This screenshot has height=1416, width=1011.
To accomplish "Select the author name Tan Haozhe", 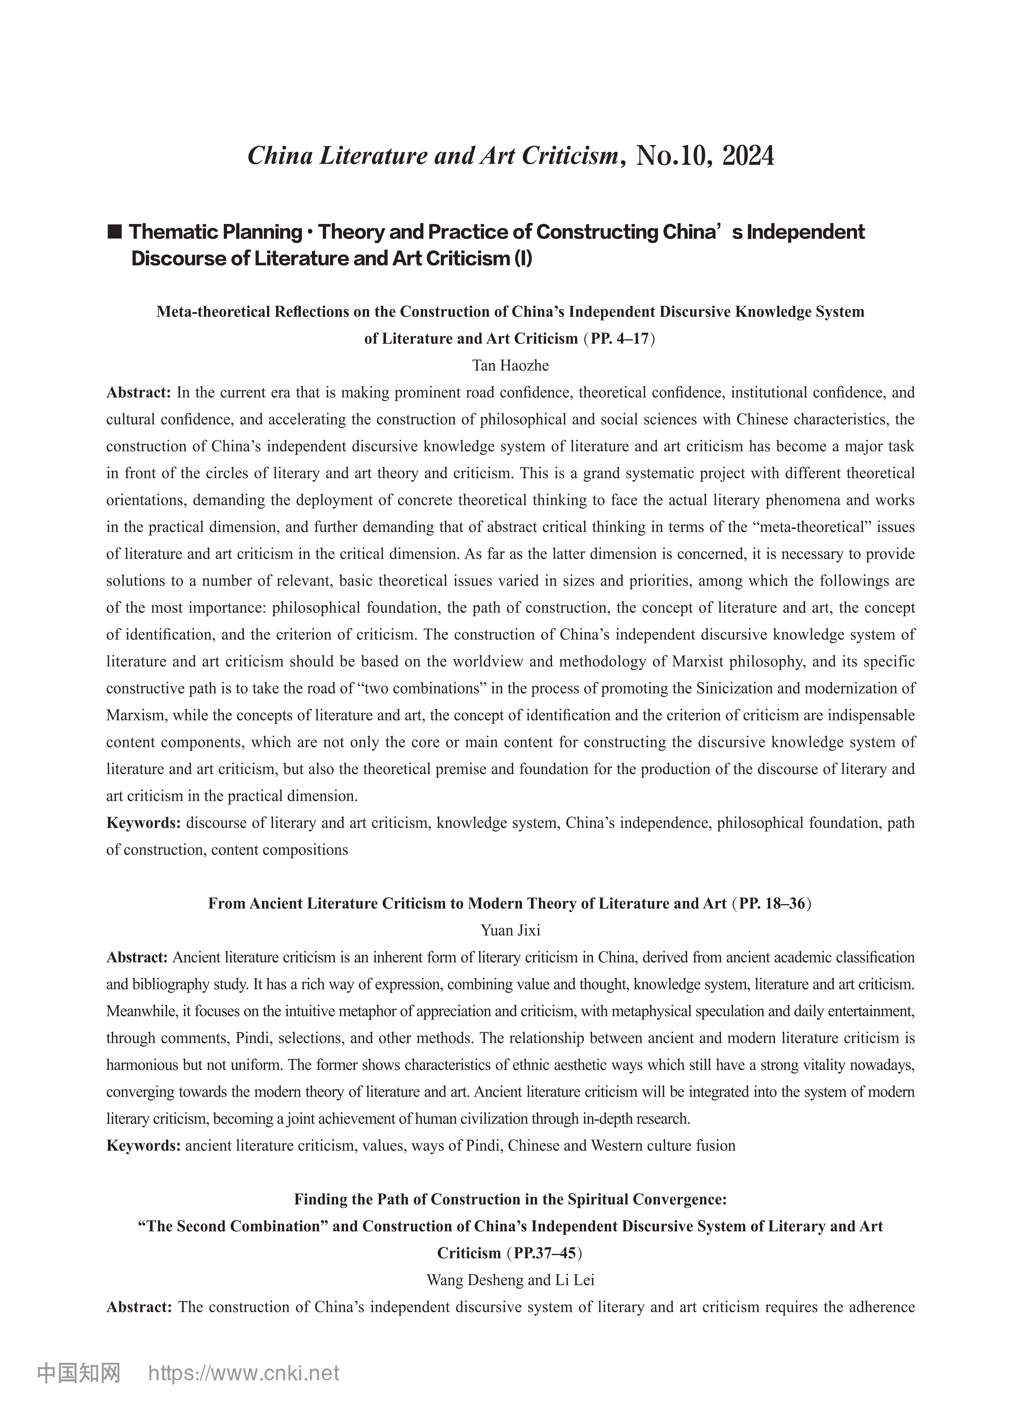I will [511, 365].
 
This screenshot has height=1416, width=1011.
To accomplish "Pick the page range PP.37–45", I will [545, 1253].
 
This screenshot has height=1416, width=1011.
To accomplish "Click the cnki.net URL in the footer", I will [244, 1373].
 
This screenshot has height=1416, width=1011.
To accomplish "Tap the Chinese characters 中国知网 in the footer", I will [79, 1373].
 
